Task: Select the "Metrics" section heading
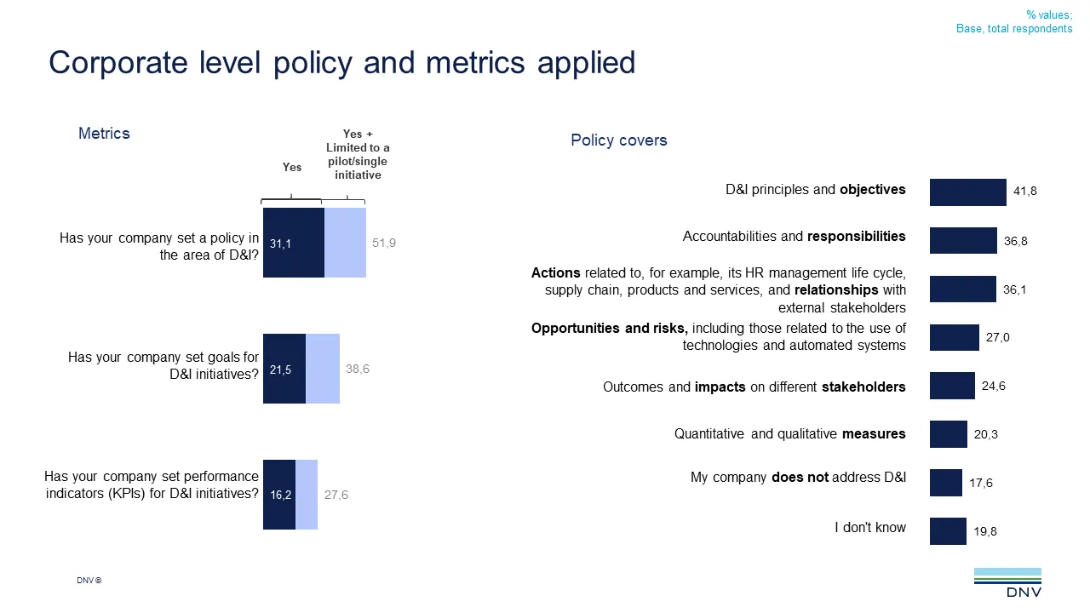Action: pyautogui.click(x=104, y=134)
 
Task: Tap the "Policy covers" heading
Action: pyautogui.click(x=619, y=140)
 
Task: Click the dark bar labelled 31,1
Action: pyautogui.click(x=294, y=243)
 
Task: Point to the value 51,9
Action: pyautogui.click(x=384, y=243)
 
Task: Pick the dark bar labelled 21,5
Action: pyautogui.click(x=284, y=369)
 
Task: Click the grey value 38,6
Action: pyautogui.click(x=358, y=369)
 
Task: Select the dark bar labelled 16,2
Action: pyautogui.click(x=279, y=495)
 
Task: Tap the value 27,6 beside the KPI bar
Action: pyautogui.click(x=336, y=495)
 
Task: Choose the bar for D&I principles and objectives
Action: pyautogui.click(x=968, y=192)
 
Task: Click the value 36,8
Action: pyautogui.click(x=1015, y=241)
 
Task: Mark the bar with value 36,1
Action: pyautogui.click(x=963, y=289)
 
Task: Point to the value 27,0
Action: pyautogui.click(x=998, y=338)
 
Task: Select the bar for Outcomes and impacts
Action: pyautogui.click(x=952, y=386)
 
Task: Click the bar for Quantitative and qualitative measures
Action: pyautogui.click(x=949, y=434)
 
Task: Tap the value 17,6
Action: pyautogui.click(x=981, y=483)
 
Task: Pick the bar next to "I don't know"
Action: pyautogui.click(x=948, y=531)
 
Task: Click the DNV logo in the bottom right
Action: pyautogui.click(x=1007, y=583)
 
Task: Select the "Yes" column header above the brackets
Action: pyautogui.click(x=292, y=168)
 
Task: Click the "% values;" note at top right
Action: pyautogui.click(x=1048, y=14)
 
